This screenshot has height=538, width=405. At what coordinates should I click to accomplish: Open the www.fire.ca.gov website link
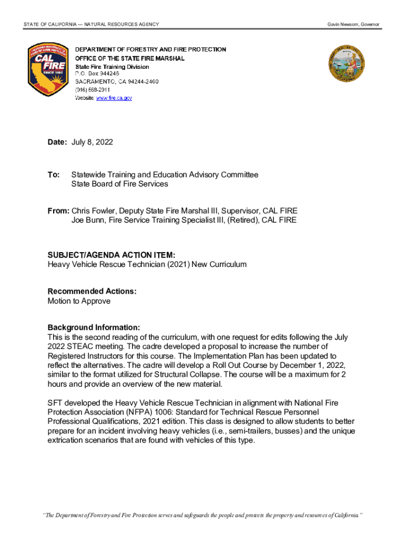114,98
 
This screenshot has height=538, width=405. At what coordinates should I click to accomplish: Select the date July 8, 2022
92,142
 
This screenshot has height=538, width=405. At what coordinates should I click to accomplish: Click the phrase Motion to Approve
79,301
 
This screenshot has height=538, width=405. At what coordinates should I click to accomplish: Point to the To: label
54,174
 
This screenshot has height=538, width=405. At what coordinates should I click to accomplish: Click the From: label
58,211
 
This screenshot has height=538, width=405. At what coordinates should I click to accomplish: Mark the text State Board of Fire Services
120,184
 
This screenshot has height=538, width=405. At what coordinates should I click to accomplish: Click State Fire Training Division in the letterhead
112,67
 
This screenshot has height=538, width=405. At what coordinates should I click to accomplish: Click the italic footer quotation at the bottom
202,515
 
